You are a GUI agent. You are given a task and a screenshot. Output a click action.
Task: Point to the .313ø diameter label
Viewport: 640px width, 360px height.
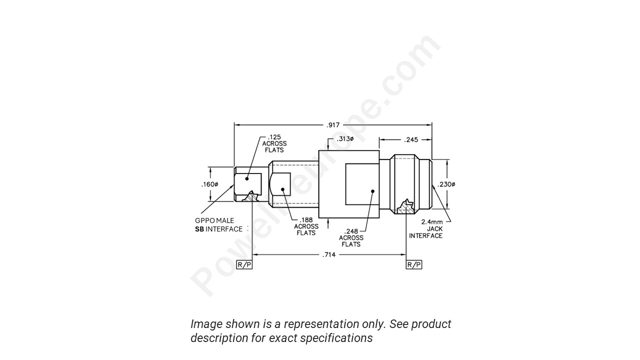click(x=345, y=139)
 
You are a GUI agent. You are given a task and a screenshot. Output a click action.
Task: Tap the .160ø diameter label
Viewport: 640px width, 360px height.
click(x=209, y=184)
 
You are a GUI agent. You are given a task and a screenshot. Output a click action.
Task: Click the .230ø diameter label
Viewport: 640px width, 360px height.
click(x=446, y=184)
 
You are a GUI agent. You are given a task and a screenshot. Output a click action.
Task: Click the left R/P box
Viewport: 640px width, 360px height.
click(x=244, y=264)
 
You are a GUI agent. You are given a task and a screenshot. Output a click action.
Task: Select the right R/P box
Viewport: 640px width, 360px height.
click(x=414, y=264)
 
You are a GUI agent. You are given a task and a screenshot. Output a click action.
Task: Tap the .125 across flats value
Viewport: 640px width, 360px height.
click(x=274, y=137)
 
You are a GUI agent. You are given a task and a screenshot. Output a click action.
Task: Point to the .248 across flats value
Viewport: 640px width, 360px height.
click(x=351, y=231)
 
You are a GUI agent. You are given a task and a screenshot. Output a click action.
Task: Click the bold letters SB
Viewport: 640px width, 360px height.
click(x=199, y=229)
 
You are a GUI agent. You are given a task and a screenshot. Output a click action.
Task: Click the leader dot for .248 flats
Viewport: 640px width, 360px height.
click(x=372, y=190)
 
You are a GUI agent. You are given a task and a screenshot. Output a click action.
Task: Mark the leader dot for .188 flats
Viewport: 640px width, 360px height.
click(x=282, y=189)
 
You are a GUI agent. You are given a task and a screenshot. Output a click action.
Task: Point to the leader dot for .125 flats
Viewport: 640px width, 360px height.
click(x=247, y=178)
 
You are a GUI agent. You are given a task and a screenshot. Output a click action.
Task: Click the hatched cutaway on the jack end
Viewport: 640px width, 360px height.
click(x=405, y=207)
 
